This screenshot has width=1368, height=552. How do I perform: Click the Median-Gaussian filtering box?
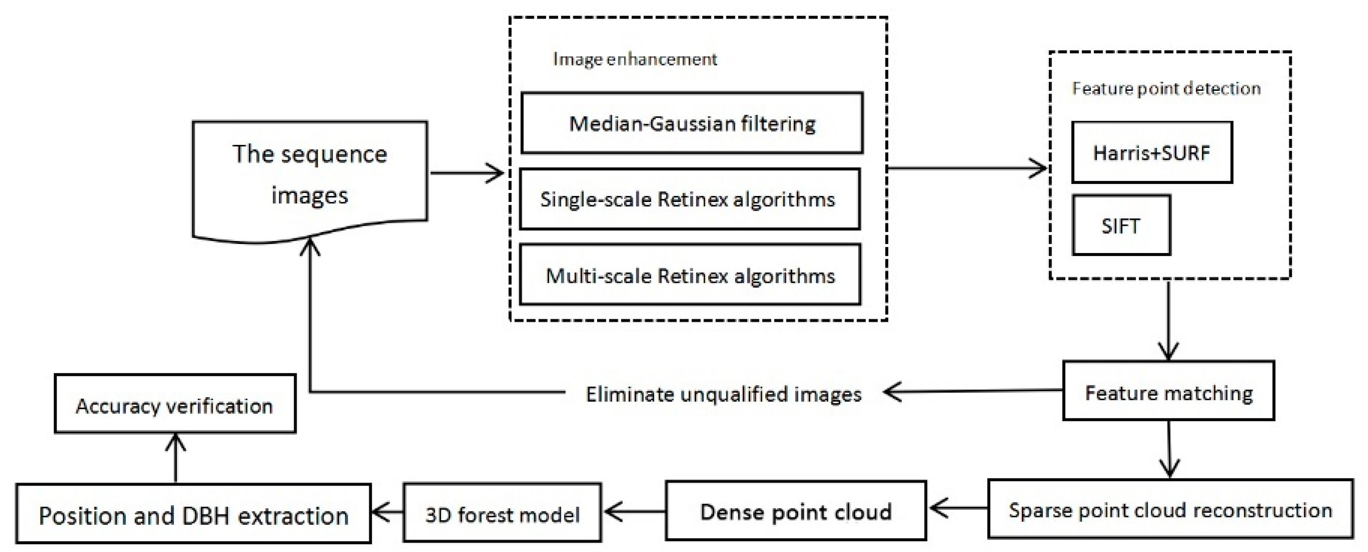(x=691, y=123)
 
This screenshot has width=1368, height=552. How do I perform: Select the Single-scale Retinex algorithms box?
(x=689, y=199)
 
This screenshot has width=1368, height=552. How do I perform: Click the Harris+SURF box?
(x=1151, y=152)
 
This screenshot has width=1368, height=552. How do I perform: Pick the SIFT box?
(x=1121, y=225)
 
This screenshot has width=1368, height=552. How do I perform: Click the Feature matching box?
(x=1168, y=392)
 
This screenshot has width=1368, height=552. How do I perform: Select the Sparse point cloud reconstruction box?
(x=1170, y=509)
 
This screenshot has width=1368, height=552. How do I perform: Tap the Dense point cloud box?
(x=795, y=511)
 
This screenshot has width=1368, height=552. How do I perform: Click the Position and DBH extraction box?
(x=193, y=514)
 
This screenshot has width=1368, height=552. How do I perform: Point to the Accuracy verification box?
(x=175, y=404)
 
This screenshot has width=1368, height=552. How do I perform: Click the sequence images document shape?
(x=310, y=175)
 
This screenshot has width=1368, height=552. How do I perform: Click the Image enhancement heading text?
(x=635, y=58)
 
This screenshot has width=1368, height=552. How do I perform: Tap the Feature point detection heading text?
(x=1166, y=88)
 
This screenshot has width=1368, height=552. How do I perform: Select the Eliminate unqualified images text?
(x=723, y=394)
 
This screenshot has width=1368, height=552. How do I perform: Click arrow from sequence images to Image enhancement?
(x=466, y=173)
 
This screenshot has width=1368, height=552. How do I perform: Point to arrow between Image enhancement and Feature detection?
(x=966, y=168)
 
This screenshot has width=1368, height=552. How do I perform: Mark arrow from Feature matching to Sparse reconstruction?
(x=1169, y=449)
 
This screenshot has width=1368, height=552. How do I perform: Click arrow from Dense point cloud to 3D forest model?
(x=634, y=512)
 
